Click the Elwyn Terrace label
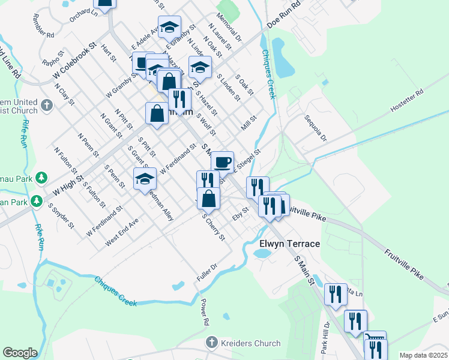tap(290, 244)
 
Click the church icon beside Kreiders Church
tap(211, 343)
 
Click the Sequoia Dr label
tap(315, 128)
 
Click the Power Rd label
tap(204, 311)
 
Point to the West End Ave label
tap(122, 231)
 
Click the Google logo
tap(20, 352)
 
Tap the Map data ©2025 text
tap(423, 355)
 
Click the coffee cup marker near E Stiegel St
tap(222, 161)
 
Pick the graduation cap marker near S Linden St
tap(200, 67)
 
